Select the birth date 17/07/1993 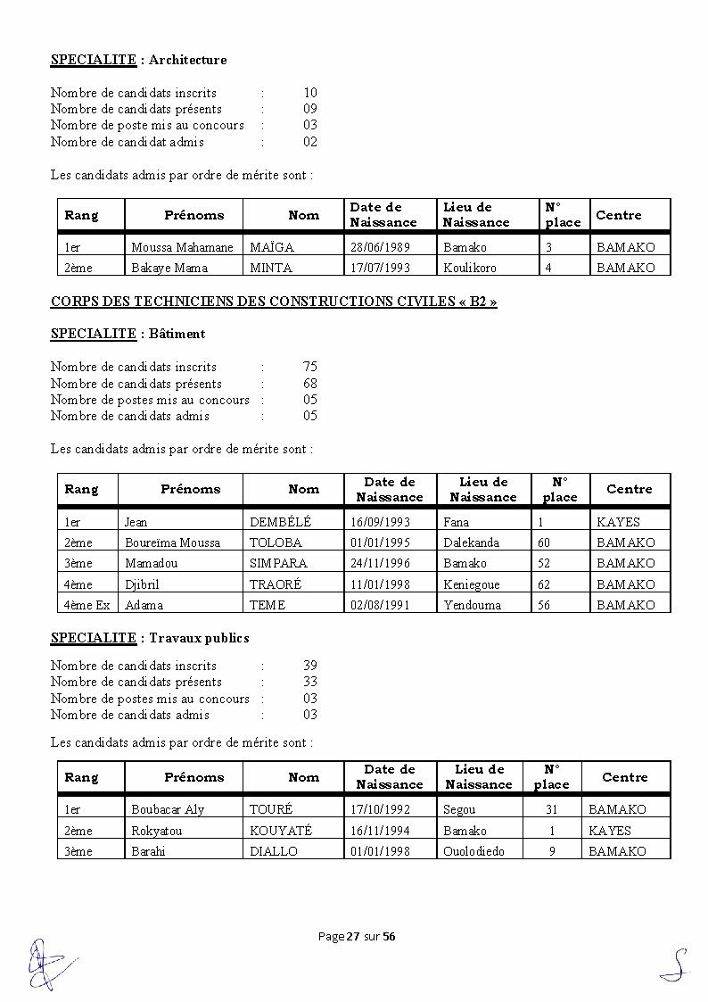click(380, 268)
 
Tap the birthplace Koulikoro click(470, 268)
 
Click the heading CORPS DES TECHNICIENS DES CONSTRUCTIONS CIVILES click(274, 302)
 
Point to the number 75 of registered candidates click(309, 367)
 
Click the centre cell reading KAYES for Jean click(618, 522)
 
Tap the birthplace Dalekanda click(471, 542)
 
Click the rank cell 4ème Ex click(86, 605)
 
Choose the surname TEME click(268, 605)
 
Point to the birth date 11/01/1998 click(380, 584)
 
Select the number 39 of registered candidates click(309, 666)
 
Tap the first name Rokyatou click(157, 831)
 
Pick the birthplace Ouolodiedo click(473, 851)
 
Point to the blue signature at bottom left click(46, 964)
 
